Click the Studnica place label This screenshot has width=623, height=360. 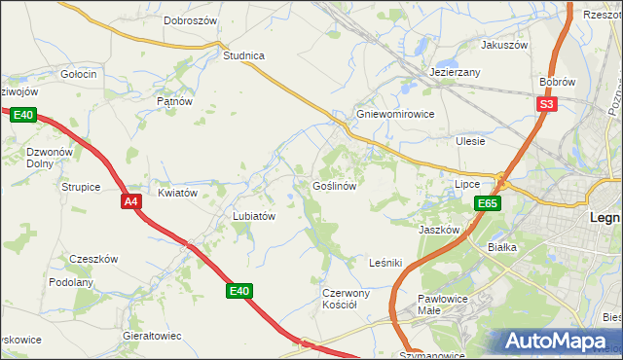(x=243, y=55)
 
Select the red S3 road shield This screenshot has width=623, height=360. (x=547, y=104)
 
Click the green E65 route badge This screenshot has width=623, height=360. (x=489, y=203)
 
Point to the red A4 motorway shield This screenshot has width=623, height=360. (x=132, y=201)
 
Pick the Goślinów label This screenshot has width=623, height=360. (x=338, y=185)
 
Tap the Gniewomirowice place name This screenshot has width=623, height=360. (x=394, y=113)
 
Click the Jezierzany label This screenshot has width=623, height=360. (x=456, y=73)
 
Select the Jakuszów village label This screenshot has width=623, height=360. (x=504, y=45)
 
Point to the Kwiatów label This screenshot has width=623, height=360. (x=178, y=193)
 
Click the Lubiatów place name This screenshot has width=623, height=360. (x=253, y=216)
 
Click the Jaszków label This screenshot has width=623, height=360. (x=438, y=230)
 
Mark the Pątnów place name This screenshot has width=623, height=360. (x=175, y=100)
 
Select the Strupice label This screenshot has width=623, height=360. (x=81, y=186)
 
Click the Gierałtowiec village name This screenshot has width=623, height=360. (x=152, y=335)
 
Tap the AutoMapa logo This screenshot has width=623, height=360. (x=559, y=342)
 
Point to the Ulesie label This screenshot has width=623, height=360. (x=470, y=140)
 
